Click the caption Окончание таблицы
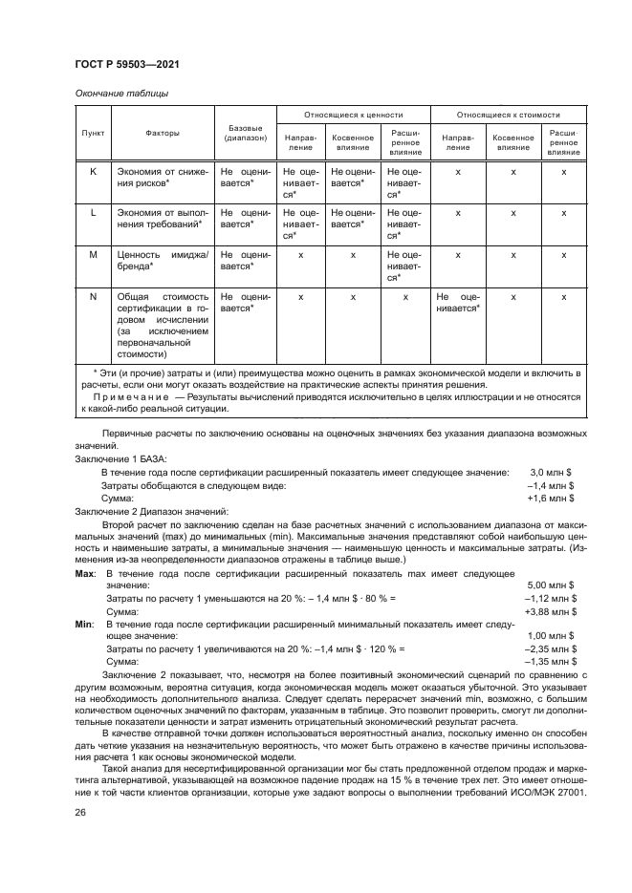[x=121, y=93]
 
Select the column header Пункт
[x=93, y=134]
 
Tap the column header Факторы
[x=163, y=134]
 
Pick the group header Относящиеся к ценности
[x=353, y=114]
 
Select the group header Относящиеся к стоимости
[x=508, y=114]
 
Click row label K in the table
[x=93, y=170]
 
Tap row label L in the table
[x=93, y=213]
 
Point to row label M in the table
[x=93, y=256]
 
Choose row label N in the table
[x=93, y=297]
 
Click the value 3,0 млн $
[x=552, y=473]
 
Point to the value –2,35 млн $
[x=550, y=648]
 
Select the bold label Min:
[x=84, y=622]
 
